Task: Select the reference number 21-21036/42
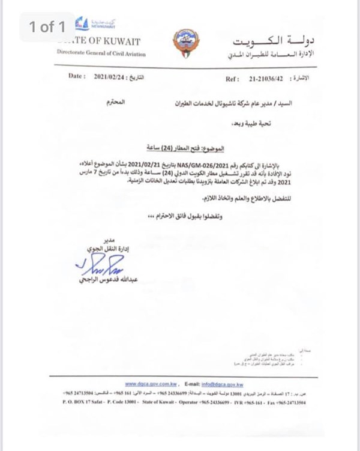click(263, 79)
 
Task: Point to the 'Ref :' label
click(232, 79)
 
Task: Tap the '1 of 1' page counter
click(47, 27)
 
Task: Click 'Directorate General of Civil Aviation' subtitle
click(101, 53)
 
